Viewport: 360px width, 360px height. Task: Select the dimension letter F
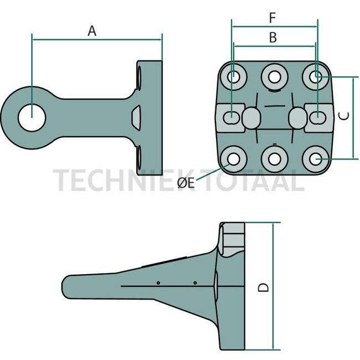point(272,18)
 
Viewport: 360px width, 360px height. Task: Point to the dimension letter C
point(343,116)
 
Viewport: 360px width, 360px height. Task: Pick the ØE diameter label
point(186,183)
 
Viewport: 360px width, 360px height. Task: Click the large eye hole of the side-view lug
point(33,118)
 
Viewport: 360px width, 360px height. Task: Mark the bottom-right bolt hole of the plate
point(316,160)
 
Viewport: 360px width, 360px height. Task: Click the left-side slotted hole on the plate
point(233,117)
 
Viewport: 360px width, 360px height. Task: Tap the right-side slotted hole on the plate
point(317,117)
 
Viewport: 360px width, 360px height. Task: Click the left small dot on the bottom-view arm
point(158,283)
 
